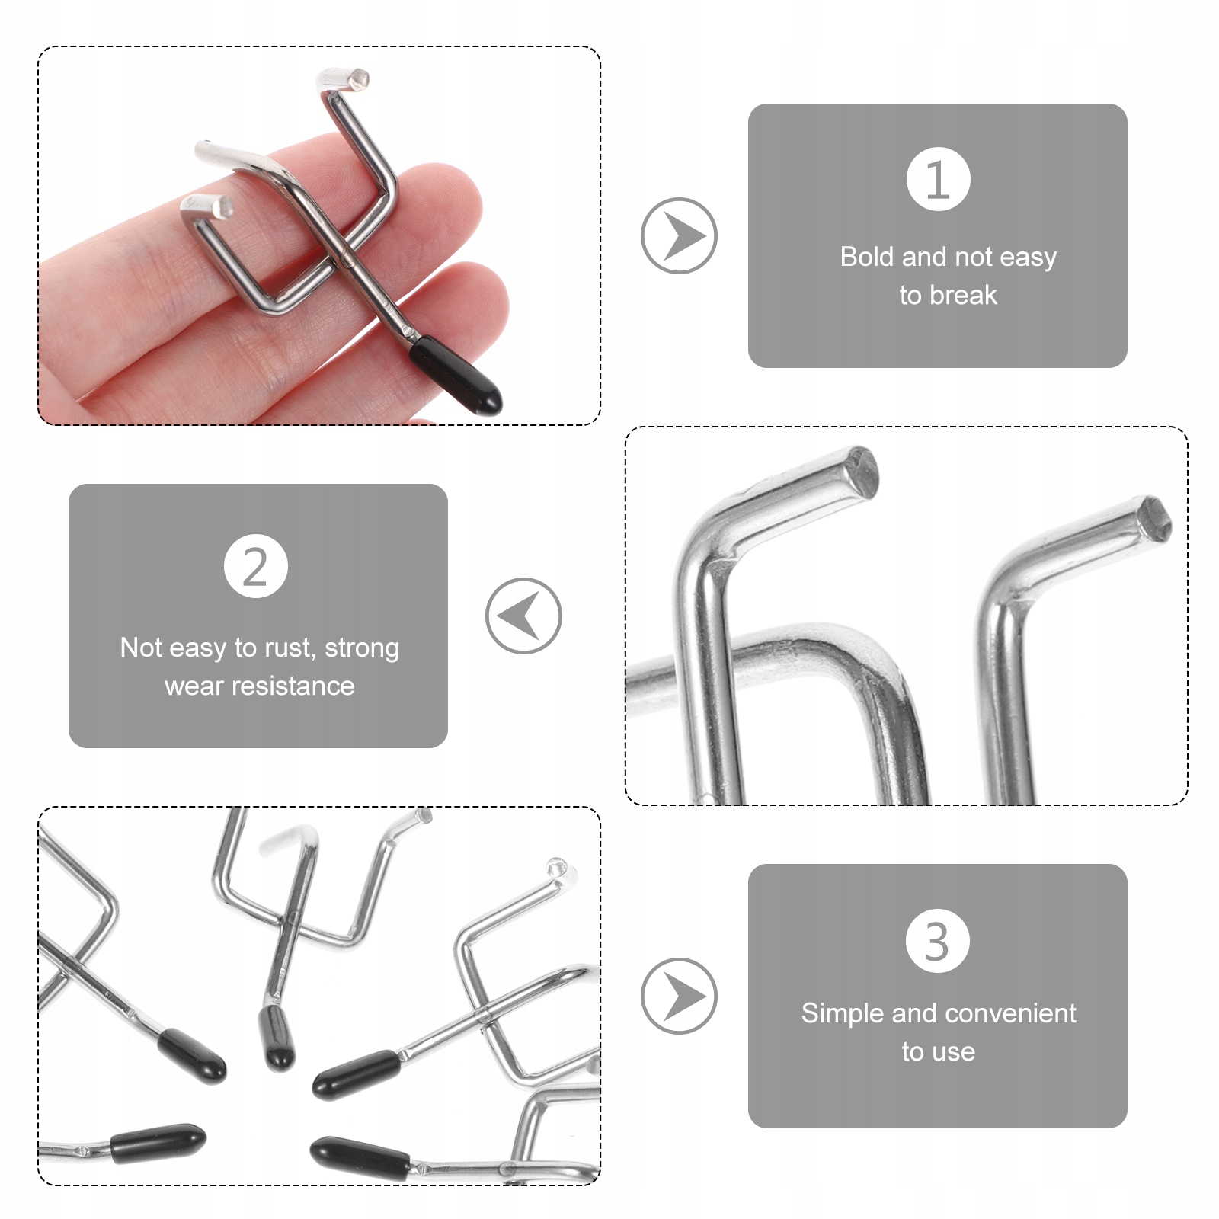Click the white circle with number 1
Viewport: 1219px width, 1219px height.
[x=938, y=179]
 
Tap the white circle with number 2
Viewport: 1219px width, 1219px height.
[x=256, y=566]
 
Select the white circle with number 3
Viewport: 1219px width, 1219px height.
[x=938, y=941]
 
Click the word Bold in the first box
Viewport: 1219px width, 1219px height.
[x=867, y=257]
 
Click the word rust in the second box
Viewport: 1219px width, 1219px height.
[x=289, y=648]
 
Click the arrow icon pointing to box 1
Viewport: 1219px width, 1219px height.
[x=679, y=236]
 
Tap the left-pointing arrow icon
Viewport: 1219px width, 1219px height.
[x=523, y=616]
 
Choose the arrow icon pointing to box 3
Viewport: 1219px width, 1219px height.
[x=679, y=996]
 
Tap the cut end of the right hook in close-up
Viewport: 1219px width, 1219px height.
[x=1153, y=519]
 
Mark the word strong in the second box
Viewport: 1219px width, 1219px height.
[x=362, y=648]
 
